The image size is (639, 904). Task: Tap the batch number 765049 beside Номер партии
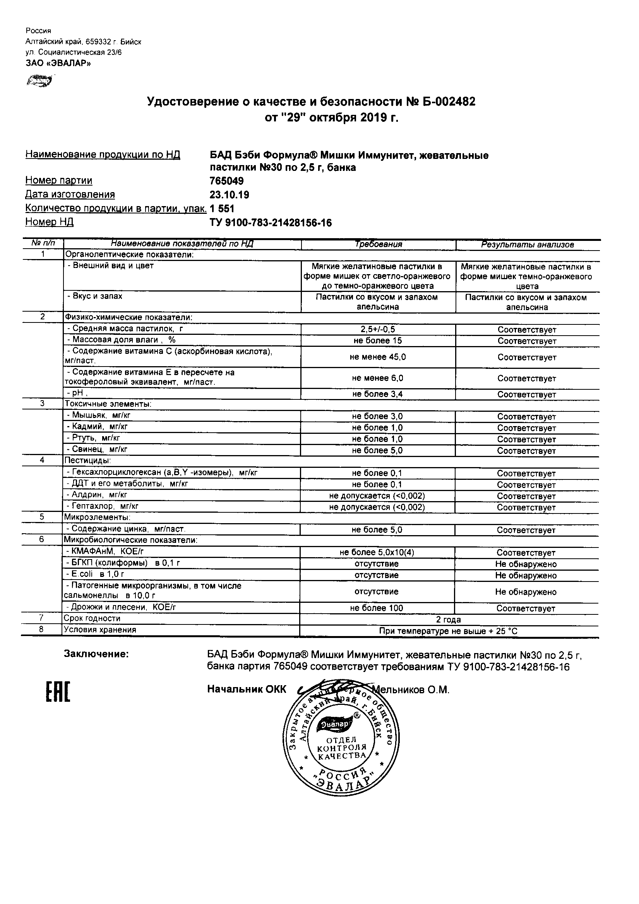(x=227, y=181)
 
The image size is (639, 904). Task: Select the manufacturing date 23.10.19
(x=230, y=195)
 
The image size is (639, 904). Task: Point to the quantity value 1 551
(x=222, y=209)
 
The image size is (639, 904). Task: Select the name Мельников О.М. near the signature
(x=411, y=690)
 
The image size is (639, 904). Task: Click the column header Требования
(x=379, y=244)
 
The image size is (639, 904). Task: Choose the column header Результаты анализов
(x=528, y=245)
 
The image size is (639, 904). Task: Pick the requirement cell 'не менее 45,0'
(x=378, y=357)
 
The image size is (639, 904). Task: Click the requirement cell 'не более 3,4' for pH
(x=377, y=394)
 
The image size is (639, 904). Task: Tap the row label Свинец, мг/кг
(x=98, y=450)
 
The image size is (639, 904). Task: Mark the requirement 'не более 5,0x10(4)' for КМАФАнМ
(x=377, y=553)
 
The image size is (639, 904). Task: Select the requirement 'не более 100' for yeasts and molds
(x=377, y=608)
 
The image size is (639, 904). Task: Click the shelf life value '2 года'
(x=449, y=620)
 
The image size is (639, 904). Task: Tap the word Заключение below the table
(x=96, y=654)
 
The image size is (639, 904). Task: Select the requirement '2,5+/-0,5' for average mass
(x=378, y=329)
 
